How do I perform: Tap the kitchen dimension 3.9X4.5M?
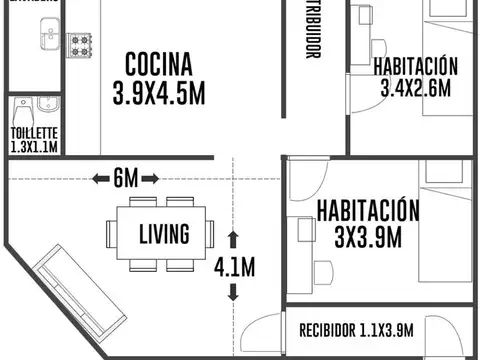159,94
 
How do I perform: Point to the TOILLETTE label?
34,132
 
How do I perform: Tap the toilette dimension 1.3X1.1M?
34,146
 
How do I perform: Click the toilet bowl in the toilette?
42,108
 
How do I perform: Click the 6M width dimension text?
125,178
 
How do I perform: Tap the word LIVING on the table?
164,235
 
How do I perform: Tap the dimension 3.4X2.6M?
415,88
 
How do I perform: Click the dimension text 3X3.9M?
367,237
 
